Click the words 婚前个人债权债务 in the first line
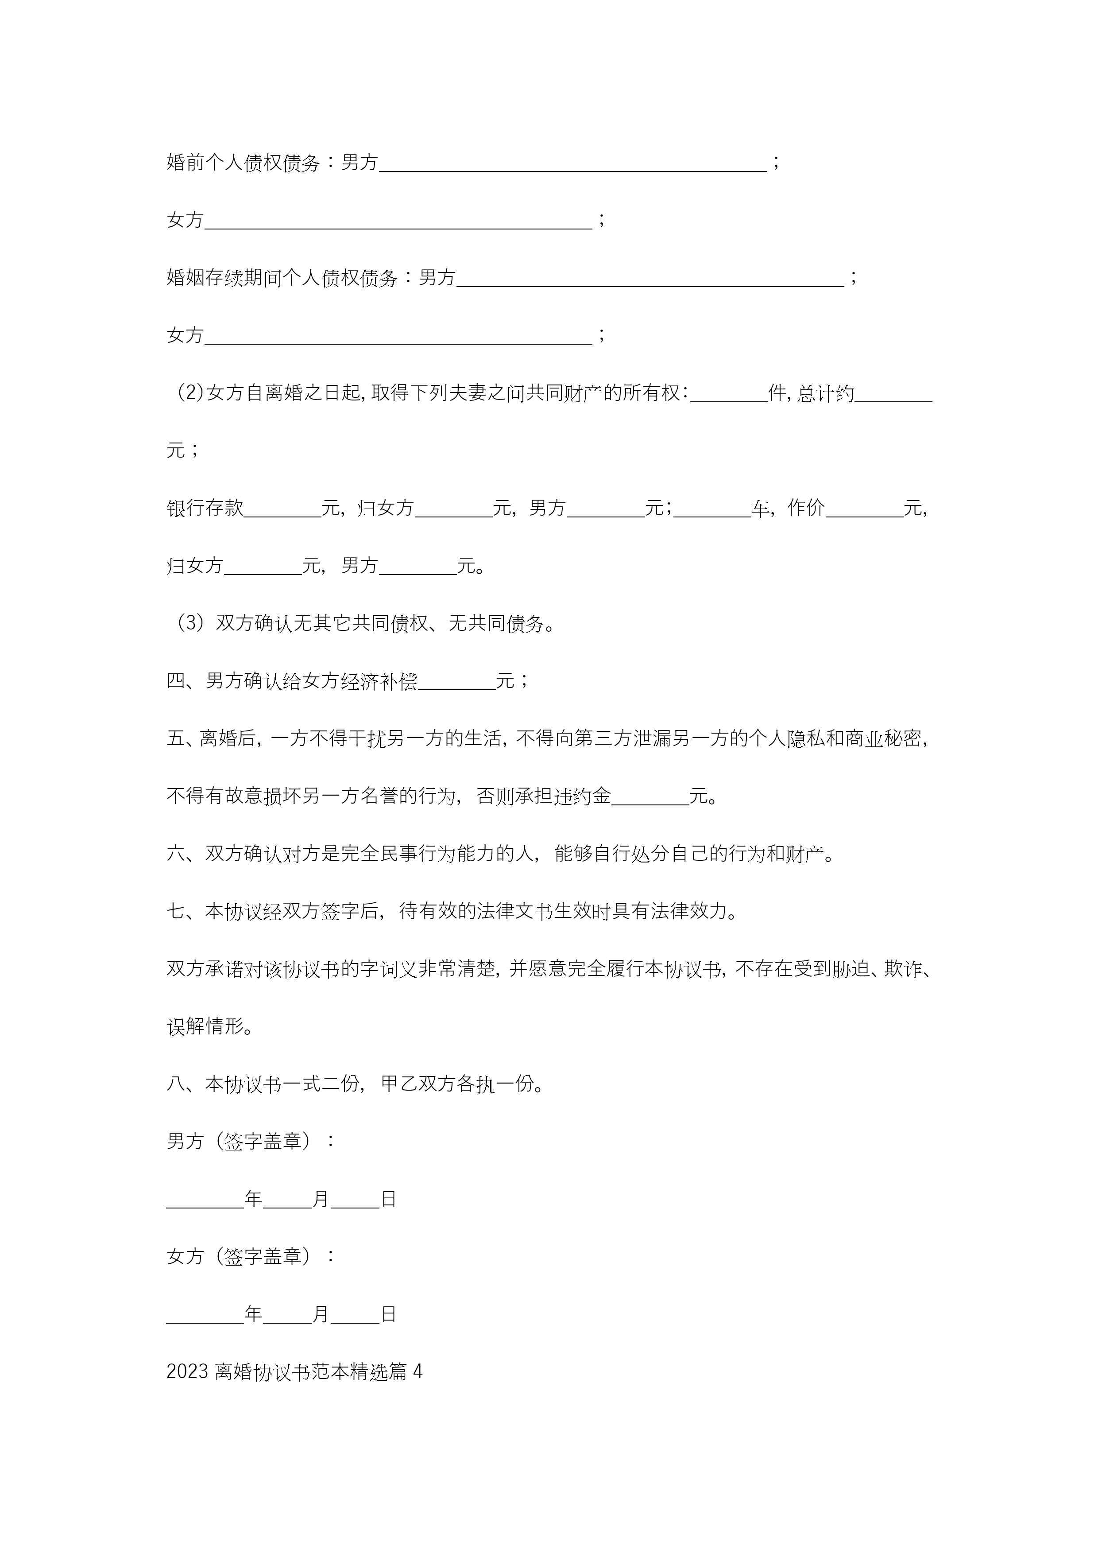[x=243, y=163]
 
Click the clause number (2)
[x=191, y=393]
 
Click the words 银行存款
[x=205, y=508]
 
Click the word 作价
[x=806, y=508]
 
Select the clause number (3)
[x=191, y=623]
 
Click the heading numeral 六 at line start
[x=176, y=854]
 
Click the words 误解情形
[x=205, y=1027]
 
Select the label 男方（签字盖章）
[x=242, y=1142]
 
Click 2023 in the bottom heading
[x=187, y=1372]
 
